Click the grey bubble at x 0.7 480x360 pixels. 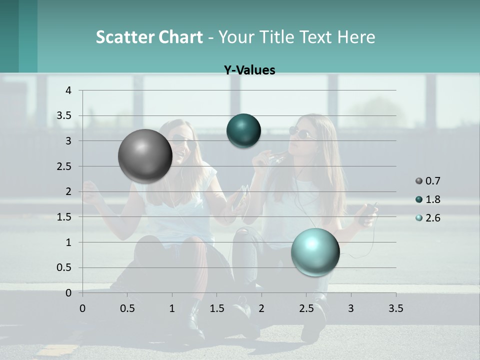tap(145, 156)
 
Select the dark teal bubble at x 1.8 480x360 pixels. tap(243, 130)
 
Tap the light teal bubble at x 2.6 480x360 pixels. tap(315, 252)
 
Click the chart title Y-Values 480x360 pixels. tap(249, 70)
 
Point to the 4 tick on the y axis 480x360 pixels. tap(68, 90)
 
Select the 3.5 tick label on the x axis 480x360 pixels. tap(396, 308)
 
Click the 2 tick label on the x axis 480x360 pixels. tap(261, 308)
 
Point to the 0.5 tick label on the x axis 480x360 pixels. tap(127, 308)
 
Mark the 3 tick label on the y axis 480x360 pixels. tap(68, 141)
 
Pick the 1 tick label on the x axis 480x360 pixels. tap(172, 308)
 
